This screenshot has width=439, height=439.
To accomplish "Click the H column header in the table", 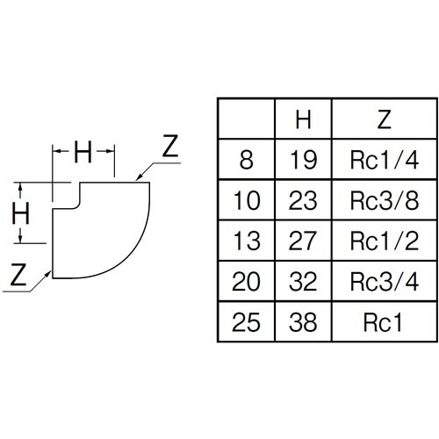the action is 303,119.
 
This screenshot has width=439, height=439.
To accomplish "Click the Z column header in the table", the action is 385,119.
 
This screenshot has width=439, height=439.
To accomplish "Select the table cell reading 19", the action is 303,160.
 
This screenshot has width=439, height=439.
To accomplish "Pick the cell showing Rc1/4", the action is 385,160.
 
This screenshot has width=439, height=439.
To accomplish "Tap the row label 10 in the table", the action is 247,200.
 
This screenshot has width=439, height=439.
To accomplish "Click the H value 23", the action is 303,200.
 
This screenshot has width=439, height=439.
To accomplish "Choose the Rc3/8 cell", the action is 385,200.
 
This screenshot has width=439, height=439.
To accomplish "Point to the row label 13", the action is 247,241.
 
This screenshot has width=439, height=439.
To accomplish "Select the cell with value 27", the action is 303,241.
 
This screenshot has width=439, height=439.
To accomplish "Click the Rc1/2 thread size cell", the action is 385,241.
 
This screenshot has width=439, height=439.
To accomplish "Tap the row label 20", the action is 246,282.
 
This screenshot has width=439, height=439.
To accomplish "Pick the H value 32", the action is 303,282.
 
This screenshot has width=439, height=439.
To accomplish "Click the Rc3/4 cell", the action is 385,282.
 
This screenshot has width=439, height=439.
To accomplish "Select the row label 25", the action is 246,322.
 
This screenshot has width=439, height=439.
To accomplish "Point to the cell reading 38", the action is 303,322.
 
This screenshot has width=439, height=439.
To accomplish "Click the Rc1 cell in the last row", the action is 383,322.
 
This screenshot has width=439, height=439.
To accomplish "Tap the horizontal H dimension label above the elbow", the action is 83,152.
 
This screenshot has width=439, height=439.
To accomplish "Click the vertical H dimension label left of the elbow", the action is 20,213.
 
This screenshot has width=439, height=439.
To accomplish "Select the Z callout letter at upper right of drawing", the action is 170,146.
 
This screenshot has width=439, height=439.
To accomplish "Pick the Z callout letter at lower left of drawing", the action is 18,275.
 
